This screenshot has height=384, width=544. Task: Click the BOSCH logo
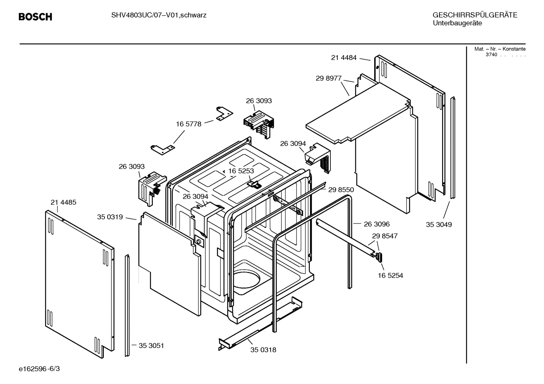(x=35, y=17)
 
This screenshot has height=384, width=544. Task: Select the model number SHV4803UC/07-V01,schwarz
(x=158, y=15)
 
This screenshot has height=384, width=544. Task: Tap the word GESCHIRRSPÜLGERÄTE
(x=475, y=15)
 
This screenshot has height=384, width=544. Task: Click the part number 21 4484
(x=344, y=58)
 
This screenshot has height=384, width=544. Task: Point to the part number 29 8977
(x=328, y=78)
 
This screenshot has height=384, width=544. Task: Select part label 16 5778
(x=189, y=124)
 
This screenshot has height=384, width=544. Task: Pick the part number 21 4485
(x=63, y=202)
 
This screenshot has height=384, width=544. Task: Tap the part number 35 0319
(x=110, y=217)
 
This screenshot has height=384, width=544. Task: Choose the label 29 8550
(x=341, y=190)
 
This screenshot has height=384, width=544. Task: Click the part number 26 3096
(x=376, y=224)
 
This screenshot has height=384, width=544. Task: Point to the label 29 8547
(x=384, y=236)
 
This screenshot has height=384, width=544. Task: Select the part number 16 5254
(x=390, y=275)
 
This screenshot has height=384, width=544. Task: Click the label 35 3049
(x=439, y=225)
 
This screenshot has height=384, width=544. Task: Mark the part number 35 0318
(x=263, y=350)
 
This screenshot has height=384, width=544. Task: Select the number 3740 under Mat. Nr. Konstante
(x=491, y=55)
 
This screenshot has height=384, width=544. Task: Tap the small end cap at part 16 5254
(x=380, y=257)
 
